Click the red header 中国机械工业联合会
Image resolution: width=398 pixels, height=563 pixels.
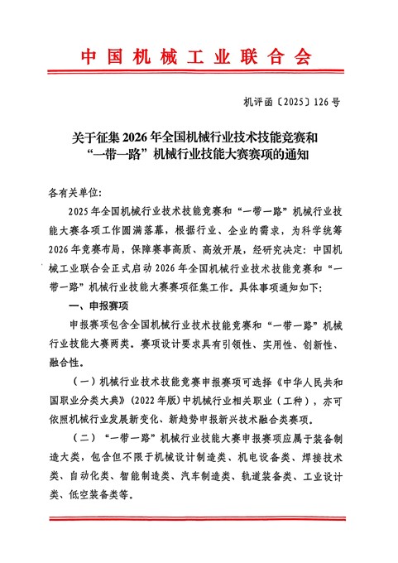point(199,56)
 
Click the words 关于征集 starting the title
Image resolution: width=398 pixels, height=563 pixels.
point(84,136)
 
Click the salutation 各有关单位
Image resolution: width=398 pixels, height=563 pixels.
point(73,191)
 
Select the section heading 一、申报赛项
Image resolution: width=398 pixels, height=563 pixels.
point(95,307)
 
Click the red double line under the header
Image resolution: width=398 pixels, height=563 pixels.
point(199,83)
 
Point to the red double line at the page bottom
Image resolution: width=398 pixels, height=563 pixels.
point(199,519)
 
